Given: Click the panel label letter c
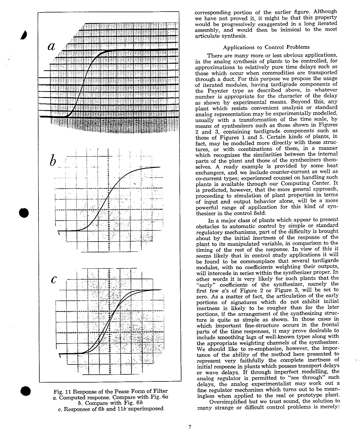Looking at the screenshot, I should pos(54,279).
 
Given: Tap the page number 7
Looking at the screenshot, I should pos(190,427).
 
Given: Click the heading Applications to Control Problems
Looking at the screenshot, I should pos(266,47).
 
